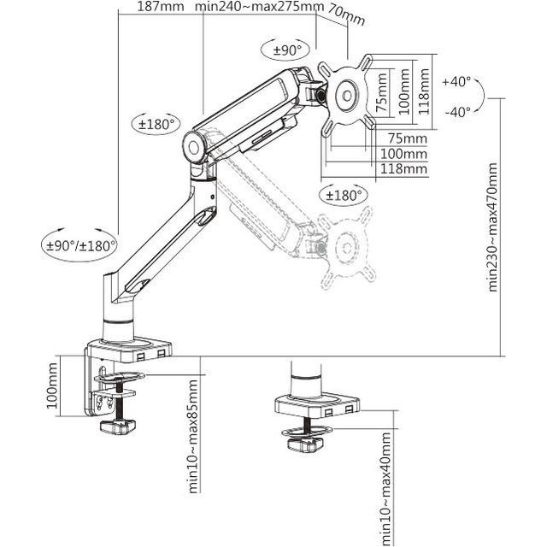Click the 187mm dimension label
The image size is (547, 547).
click(160, 8)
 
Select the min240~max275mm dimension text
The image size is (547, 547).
click(259, 8)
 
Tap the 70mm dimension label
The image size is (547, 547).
click(345, 15)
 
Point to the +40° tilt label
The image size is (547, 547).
click(457, 81)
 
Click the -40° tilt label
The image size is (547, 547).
click(457, 112)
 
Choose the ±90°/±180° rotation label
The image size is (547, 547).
click(76, 245)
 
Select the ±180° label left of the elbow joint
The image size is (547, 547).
click(157, 124)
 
